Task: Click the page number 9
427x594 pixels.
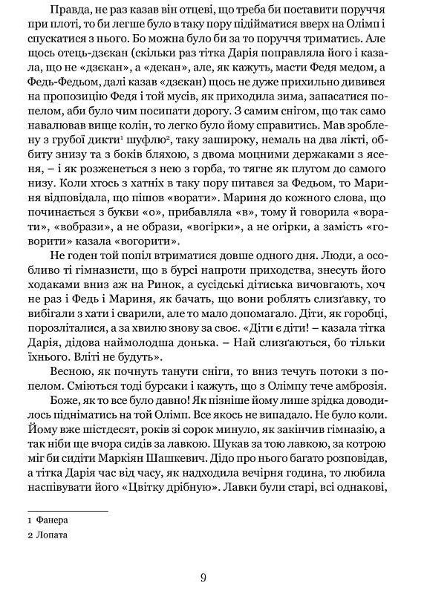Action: click(x=213, y=577)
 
